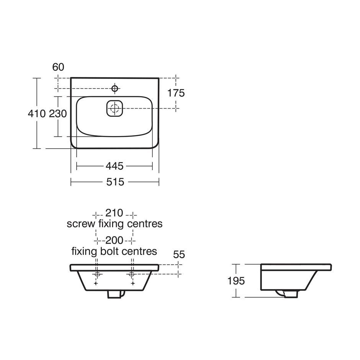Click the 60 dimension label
click(58, 67)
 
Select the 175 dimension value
click(176, 93)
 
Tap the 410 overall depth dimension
click(37, 113)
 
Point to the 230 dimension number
click(58, 113)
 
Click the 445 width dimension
click(115, 166)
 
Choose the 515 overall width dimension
click(115, 182)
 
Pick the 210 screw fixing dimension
click(115, 213)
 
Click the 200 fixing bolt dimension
click(115, 241)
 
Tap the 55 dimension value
click(179, 254)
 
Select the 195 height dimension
click(236, 281)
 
